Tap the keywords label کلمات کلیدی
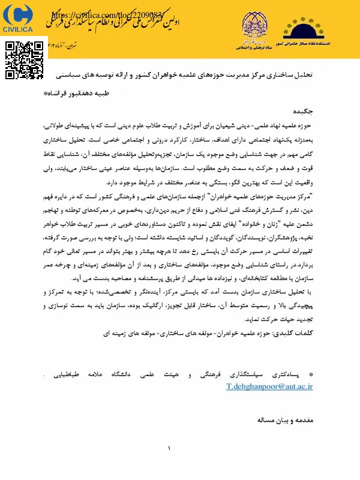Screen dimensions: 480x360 (301, 331)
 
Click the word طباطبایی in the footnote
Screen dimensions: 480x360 (61, 375)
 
